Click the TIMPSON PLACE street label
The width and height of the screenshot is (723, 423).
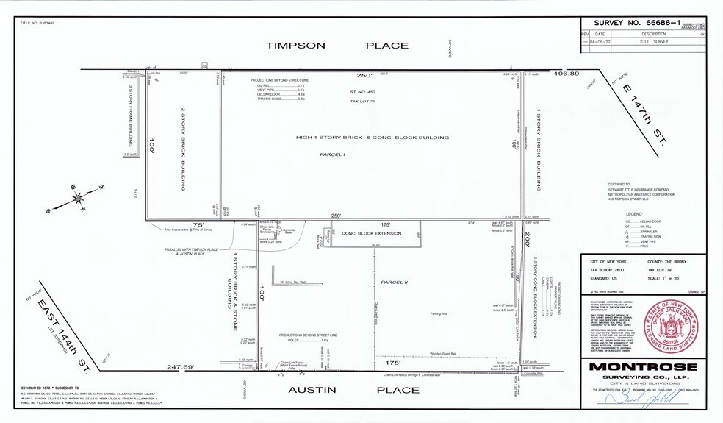[x=337, y=46]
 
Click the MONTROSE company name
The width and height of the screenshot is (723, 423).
[x=642, y=366]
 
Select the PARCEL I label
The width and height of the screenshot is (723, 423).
[x=332, y=155]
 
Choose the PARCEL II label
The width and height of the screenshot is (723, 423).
[x=394, y=281]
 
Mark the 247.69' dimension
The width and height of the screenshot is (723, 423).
[x=180, y=367]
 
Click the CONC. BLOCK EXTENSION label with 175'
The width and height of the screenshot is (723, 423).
[x=375, y=233]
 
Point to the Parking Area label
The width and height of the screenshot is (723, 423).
[x=439, y=314]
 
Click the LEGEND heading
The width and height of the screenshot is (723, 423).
[x=633, y=213]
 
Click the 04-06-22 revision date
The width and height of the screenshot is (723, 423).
[x=600, y=42]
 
